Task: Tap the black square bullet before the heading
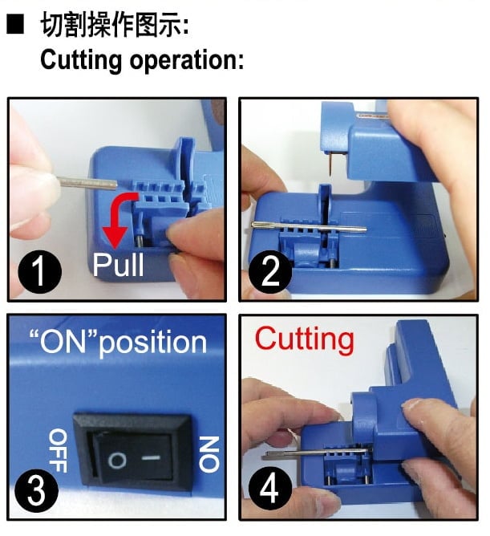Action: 15,26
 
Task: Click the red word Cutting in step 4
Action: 304,339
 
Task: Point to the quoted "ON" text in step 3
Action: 65,342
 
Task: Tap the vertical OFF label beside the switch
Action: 58,450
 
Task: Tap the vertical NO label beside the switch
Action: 207,453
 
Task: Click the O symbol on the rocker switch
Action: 116,461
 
